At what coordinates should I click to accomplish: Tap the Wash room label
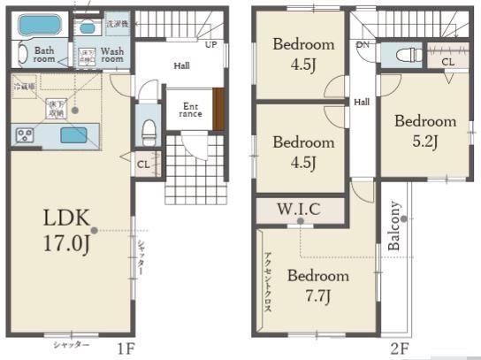pyautogui.click(x=111, y=57)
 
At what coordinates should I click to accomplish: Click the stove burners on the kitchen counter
pyautogui.click(x=23, y=135)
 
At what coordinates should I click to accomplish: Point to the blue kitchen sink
pyautogui.click(x=73, y=135)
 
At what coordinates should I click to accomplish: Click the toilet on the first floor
pyautogui.click(x=149, y=133)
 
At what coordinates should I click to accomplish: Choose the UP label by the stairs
pyautogui.click(x=210, y=44)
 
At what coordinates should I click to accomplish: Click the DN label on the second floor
pyautogui.click(x=363, y=44)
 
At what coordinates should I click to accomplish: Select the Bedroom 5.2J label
pyautogui.click(x=425, y=129)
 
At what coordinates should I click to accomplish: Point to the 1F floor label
pyautogui.click(x=125, y=348)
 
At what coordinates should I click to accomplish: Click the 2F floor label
pyautogui.click(x=400, y=348)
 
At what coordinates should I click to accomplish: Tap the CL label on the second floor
pyautogui.click(x=448, y=61)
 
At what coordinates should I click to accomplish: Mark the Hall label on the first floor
pyautogui.click(x=181, y=65)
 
